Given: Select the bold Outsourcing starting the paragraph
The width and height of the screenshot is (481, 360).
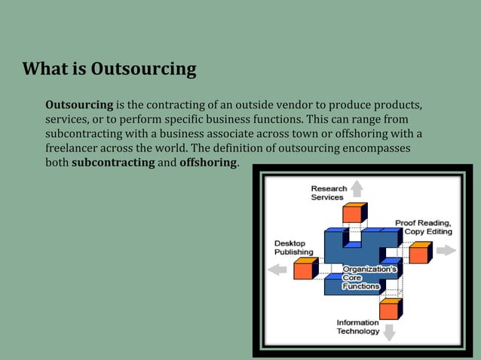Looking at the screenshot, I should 79,104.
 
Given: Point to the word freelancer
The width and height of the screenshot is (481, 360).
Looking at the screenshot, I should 76,148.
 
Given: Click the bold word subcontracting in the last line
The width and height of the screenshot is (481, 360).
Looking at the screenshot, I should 112,163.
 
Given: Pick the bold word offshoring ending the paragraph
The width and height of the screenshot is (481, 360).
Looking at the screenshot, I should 208,163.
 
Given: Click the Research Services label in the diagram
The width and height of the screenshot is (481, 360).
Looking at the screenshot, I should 329,193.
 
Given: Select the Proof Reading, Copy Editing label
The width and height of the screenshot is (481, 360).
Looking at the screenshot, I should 424,227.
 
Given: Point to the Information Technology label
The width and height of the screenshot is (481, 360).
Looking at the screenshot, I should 357,327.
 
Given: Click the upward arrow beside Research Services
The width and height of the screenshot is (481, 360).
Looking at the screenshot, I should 356,188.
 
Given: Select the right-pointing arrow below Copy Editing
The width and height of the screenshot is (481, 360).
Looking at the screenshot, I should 446,250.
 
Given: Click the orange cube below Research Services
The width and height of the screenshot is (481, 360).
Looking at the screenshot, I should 353,212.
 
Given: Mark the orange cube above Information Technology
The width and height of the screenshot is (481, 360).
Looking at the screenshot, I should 390,307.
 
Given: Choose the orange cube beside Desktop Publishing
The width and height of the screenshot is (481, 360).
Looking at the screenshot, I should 305,268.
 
